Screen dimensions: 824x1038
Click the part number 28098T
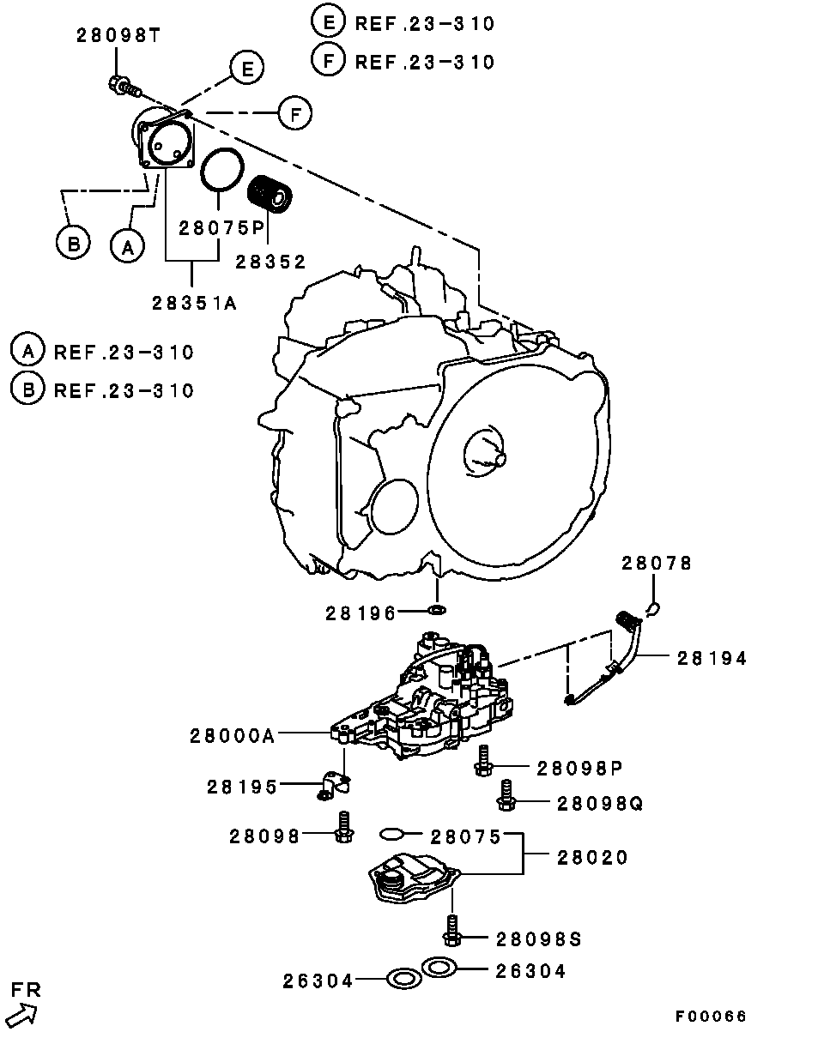[118, 36]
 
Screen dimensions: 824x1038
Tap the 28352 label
[271, 262]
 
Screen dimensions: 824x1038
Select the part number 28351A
[195, 303]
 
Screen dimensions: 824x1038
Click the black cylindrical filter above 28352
[270, 193]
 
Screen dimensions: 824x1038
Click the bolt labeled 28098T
[124, 87]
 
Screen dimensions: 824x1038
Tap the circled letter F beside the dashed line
[295, 113]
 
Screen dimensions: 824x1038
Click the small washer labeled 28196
[437, 610]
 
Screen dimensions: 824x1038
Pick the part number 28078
[657, 563]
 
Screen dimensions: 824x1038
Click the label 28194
[712, 658]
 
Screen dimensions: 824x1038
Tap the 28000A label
[233, 736]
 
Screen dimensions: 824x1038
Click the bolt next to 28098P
[483, 761]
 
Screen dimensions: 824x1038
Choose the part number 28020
[592, 858]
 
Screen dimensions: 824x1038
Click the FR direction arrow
[22, 1015]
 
